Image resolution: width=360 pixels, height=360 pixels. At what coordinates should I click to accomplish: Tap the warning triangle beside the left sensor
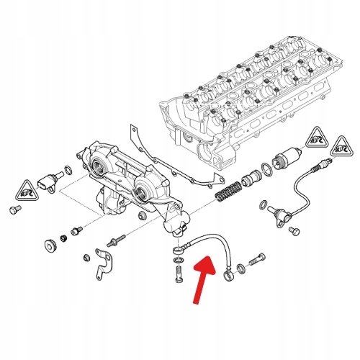coord(24,191)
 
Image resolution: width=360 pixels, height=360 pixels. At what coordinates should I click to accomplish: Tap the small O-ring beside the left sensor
coord(67,171)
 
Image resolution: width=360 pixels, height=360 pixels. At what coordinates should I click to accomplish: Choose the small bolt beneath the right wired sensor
coord(293,230)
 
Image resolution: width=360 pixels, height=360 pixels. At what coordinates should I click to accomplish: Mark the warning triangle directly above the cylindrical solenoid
coord(315,135)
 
